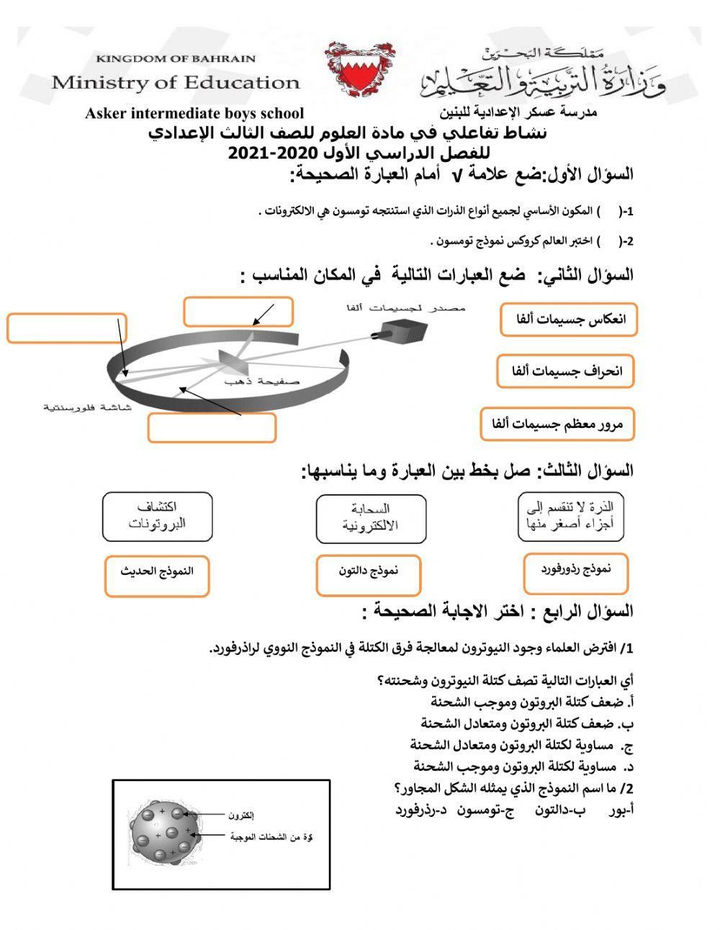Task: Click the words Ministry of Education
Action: click(x=175, y=82)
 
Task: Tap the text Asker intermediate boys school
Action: click(x=194, y=113)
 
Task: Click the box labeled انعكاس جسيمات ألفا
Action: click(x=568, y=320)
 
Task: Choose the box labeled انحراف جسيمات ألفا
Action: click(x=565, y=372)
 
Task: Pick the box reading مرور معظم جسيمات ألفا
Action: click(x=557, y=424)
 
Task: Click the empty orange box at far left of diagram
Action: click(x=66, y=328)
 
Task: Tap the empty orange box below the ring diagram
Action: click(x=212, y=428)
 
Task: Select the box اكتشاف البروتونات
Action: click(x=157, y=517)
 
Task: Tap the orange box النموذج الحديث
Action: click(x=157, y=576)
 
